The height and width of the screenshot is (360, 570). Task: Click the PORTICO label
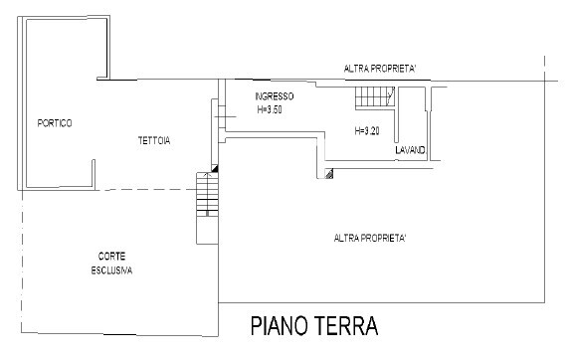tap(55, 123)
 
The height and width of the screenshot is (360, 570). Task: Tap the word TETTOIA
tap(154, 141)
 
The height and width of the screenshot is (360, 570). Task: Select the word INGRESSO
tap(274, 96)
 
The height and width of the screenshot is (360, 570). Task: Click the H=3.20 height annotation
tap(367, 131)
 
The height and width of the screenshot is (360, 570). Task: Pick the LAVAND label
tap(410, 150)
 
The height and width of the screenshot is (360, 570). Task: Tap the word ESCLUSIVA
tap(112, 270)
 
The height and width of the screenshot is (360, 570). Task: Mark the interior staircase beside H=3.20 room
tap(373, 97)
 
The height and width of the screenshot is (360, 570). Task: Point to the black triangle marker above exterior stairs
tap(214, 170)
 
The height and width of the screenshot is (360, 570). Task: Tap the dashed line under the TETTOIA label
tap(149, 189)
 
